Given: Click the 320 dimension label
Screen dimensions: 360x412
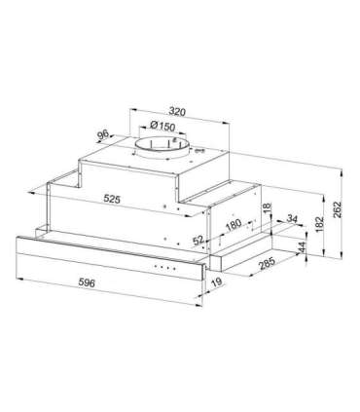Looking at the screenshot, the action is click(x=177, y=112).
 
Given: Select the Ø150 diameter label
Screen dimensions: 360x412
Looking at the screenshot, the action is click(x=162, y=126).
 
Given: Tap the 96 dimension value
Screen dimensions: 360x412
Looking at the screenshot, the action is click(x=103, y=134).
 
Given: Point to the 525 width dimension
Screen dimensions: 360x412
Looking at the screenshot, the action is click(x=112, y=199).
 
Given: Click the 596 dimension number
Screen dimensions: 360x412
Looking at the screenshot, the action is click(x=87, y=282).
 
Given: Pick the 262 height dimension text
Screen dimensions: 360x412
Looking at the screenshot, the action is click(x=338, y=210).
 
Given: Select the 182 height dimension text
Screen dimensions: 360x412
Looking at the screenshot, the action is click(x=319, y=224).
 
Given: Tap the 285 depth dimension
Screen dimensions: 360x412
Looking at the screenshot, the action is click(x=267, y=263).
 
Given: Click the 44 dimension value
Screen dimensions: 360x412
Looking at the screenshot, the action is click(x=302, y=247).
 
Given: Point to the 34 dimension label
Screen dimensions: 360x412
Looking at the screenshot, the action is click(x=292, y=219).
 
